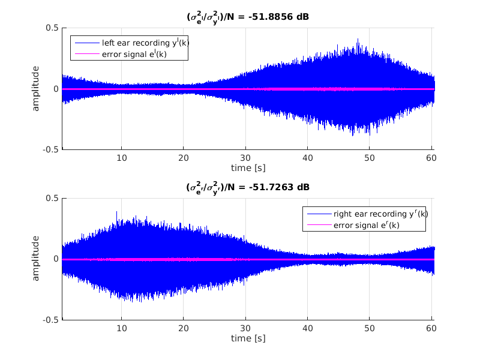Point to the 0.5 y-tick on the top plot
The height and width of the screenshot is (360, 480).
point(52,28)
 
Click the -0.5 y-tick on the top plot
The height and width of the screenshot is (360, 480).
point(50,150)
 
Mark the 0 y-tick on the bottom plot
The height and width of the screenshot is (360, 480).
point(56,259)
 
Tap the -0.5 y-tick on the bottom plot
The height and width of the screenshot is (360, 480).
point(50,320)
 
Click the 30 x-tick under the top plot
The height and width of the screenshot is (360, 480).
point(245,158)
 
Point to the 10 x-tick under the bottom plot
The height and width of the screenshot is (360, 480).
point(122,328)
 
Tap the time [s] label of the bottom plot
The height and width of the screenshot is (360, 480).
point(248,338)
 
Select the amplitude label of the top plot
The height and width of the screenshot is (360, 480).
point(36,89)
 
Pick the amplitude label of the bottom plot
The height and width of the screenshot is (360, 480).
point(36,259)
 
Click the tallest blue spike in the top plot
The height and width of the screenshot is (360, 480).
point(358,40)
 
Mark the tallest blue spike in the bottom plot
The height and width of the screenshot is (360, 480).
point(116,212)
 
